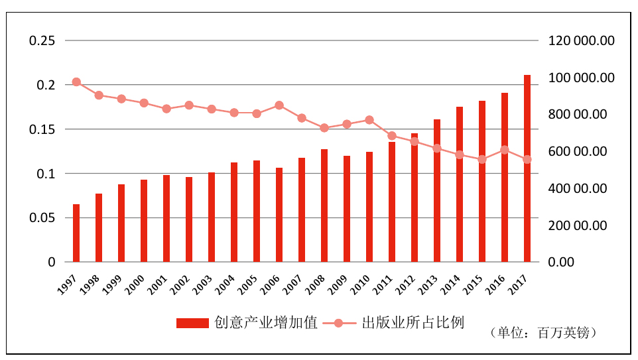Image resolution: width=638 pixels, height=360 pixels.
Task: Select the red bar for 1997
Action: [x=76, y=233]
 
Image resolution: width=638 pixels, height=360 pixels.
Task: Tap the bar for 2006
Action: [x=279, y=215]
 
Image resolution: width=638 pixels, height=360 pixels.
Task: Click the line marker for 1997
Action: [x=76, y=82]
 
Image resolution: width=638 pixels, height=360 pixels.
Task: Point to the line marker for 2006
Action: [x=279, y=105]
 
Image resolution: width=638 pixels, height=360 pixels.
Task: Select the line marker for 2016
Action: [x=505, y=150]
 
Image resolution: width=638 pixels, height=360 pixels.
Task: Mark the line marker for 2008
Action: [x=324, y=128]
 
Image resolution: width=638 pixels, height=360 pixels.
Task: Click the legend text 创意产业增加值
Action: [x=266, y=323]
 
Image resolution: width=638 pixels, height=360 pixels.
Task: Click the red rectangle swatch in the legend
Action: [x=193, y=323]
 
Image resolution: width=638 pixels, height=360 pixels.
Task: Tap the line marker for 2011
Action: [x=392, y=136]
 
